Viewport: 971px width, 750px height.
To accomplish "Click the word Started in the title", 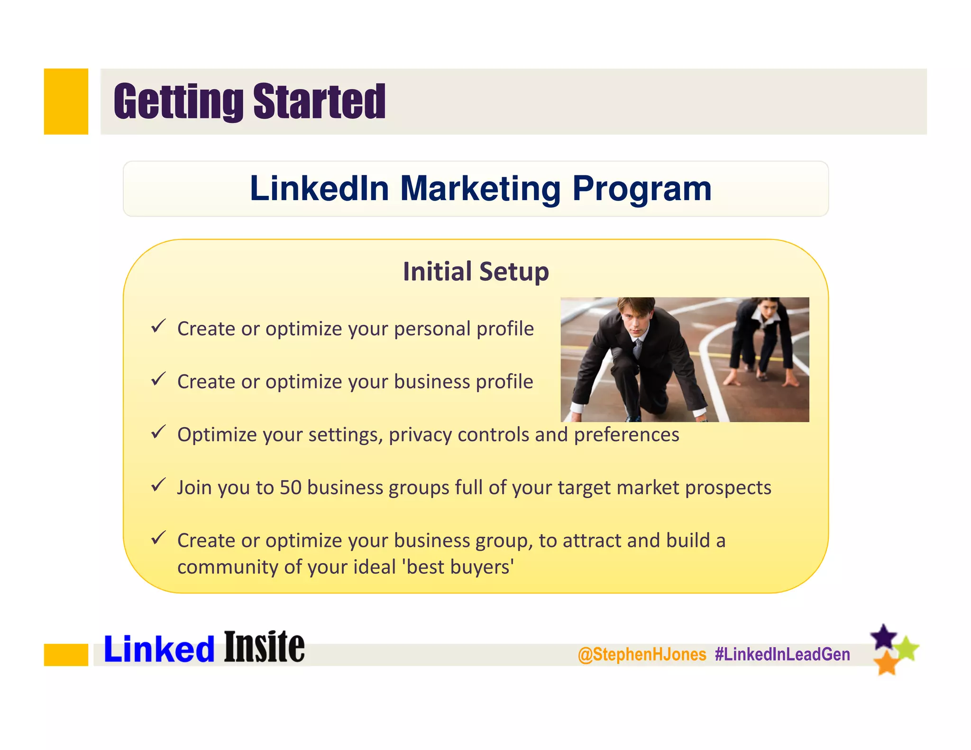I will point(320,101).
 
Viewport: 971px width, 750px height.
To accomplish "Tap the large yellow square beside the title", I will point(66,101).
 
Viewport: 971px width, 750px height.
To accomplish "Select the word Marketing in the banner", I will point(480,189).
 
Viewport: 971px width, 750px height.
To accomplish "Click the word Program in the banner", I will point(641,189).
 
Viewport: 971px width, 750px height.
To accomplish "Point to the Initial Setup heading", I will point(476,272).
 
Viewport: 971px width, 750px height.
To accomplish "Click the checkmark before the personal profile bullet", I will point(158,326).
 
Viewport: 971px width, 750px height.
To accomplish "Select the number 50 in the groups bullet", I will point(290,487).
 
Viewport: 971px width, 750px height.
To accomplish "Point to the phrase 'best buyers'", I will point(460,567).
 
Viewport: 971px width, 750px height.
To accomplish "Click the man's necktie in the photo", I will point(637,349).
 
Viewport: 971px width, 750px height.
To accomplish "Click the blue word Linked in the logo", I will point(159,649).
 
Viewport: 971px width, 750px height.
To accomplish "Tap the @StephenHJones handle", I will point(642,655).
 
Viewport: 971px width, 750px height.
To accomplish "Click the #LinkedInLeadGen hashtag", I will point(782,655).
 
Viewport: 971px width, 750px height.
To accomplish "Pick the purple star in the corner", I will point(883,637).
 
